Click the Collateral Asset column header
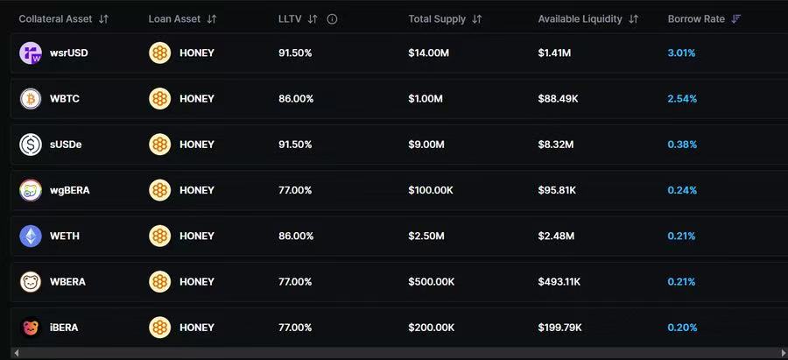point(54,18)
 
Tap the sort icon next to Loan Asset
point(212,18)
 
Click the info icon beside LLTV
point(332,18)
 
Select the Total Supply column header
point(438,18)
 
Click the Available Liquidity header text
point(580,18)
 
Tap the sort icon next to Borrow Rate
point(735,18)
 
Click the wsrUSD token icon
point(31,53)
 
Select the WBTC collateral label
point(65,99)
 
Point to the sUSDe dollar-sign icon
point(31,145)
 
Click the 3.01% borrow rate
point(681,53)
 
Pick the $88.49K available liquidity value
point(558,99)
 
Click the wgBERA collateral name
point(70,190)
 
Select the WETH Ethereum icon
point(31,236)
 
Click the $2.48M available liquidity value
point(556,236)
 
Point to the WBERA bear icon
point(31,282)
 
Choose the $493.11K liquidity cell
point(559,282)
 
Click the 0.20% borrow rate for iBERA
point(681,328)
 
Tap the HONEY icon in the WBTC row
point(159,99)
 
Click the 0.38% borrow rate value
point(681,145)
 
